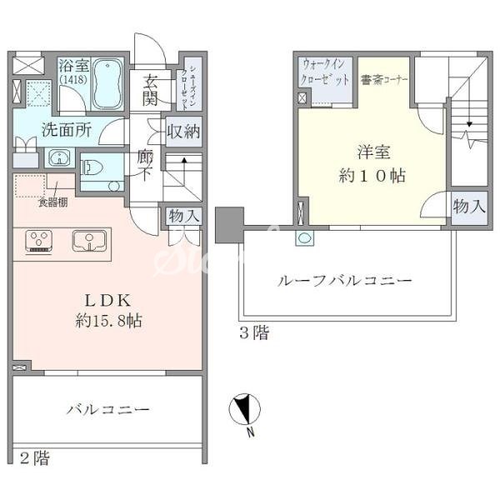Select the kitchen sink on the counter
pos(86,240)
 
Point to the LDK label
pos(106,299)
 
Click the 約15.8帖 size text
pos(106,321)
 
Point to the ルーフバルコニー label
pos(344,282)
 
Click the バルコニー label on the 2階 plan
pos(107,409)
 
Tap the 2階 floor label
pos(33,457)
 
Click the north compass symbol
pos(244,410)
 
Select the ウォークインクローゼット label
pos(327,72)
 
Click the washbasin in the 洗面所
pos(57,158)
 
